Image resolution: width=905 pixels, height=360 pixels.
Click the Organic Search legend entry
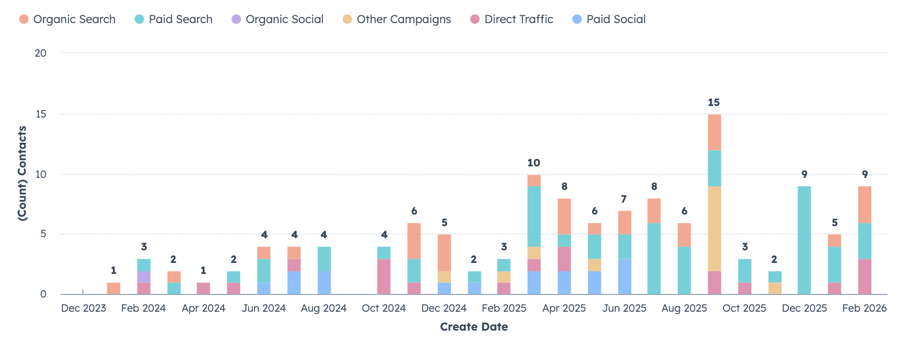click(67, 19)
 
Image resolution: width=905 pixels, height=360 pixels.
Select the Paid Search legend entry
click(174, 19)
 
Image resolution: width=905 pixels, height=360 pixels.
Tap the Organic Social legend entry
click(278, 19)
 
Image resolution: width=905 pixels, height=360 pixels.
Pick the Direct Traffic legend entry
click(512, 19)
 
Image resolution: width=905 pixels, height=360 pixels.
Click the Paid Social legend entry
click(609, 19)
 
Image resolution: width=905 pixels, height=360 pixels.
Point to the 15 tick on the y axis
click(40, 114)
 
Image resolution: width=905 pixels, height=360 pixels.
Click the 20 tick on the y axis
click(40, 53)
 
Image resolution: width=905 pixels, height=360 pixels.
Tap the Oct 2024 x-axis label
click(384, 309)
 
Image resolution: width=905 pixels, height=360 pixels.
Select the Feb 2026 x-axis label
click(864, 309)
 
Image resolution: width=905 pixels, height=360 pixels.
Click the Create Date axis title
click(473, 327)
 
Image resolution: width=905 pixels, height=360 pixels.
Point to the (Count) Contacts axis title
click(22, 173)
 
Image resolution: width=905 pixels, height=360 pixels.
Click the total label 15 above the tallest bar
click(714, 102)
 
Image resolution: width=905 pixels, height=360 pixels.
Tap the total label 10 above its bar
click(534, 163)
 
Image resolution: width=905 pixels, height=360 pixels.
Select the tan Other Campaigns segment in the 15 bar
click(714, 229)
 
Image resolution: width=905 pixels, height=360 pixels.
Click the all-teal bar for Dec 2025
click(804, 240)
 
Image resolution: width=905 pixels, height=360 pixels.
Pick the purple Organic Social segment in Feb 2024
click(144, 277)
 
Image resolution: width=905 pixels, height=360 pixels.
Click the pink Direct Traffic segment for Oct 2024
click(384, 277)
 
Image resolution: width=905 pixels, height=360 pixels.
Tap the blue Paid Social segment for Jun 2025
click(624, 277)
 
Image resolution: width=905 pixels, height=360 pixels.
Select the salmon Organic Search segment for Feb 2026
click(865, 205)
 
